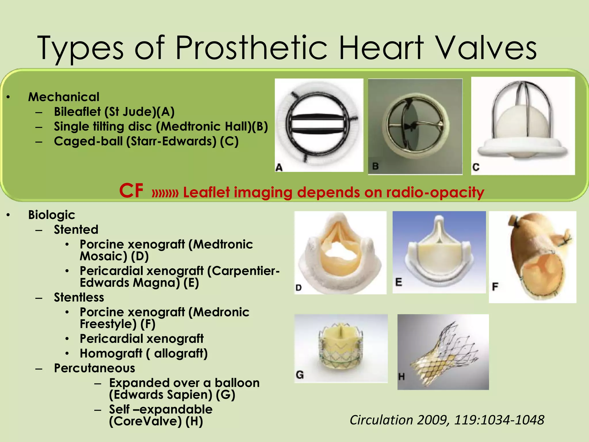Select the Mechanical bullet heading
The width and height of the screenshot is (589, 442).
64,97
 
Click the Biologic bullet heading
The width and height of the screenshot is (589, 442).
51,215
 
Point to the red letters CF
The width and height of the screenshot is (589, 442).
131,190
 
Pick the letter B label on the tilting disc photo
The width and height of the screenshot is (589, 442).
376,166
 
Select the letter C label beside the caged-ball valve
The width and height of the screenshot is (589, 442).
476,167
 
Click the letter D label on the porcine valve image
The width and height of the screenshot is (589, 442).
299,287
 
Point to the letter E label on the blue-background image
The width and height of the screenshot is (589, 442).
399,282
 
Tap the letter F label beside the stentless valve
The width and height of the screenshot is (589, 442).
495,287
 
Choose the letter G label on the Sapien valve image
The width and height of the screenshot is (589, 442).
300,375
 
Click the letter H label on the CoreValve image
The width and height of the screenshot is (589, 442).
401,376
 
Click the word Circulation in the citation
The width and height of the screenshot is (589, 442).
381,420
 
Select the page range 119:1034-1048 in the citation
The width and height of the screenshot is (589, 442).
499,420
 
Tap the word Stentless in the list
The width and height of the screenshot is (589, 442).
79,297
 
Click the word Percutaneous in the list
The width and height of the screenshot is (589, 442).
94,368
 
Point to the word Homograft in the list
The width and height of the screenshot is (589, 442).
111,353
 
